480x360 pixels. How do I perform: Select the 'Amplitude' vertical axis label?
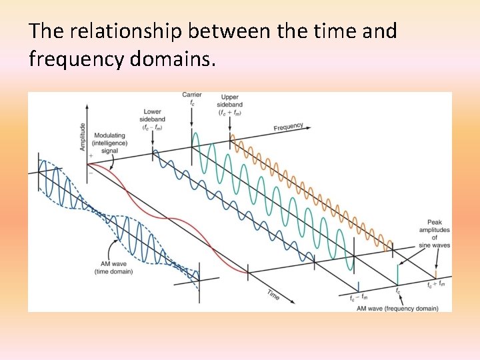(x=83, y=137)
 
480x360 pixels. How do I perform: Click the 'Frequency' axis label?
(x=288, y=127)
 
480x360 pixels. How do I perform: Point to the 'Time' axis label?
(x=273, y=294)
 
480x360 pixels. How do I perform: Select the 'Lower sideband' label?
(x=154, y=119)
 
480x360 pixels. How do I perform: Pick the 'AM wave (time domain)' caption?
(x=113, y=267)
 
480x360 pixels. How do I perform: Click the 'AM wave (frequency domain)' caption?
(x=397, y=308)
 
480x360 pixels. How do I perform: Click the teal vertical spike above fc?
(x=398, y=275)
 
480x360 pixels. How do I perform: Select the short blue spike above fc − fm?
(x=359, y=285)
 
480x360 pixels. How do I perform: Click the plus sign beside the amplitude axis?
(x=91, y=155)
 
